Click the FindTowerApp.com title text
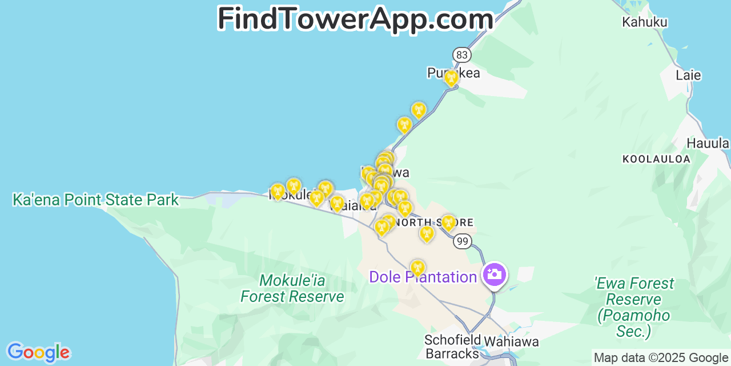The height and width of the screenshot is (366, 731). pos(355,18)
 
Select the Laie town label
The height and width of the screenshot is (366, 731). pos(688,75)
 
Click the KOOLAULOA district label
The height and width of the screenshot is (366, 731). pos(656,159)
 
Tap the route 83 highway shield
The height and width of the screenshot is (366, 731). pos(462,55)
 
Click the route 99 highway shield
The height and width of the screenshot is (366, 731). pos(462,241)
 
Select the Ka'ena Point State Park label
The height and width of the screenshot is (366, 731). pos(96,200)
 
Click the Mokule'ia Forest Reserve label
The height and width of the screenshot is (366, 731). pos(292,289)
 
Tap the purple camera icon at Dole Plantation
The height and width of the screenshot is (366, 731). pos(494,274)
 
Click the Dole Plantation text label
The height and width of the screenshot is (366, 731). pos(423,277)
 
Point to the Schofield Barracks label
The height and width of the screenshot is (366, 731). pos(452,347)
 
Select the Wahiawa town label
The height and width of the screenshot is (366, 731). pos(511,342)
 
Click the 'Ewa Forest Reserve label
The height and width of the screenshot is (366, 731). pos(634,307)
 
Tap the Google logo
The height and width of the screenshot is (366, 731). pos(38,352)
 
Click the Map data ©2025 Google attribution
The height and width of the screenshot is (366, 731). pos(661,358)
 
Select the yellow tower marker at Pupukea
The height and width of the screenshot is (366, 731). pos(451,78)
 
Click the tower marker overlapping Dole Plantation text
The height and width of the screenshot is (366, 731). pos(417,268)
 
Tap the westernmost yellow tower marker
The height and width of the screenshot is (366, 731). pos(278,192)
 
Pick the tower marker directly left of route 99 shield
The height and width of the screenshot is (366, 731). pos(427,234)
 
